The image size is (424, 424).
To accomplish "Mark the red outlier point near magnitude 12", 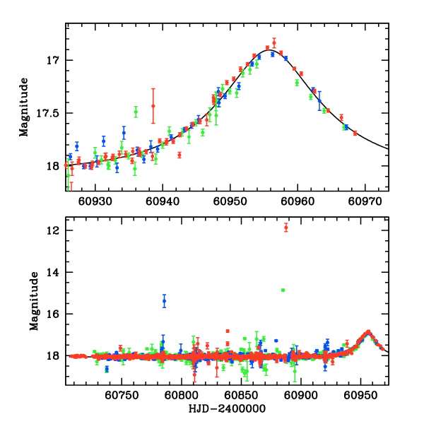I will (x=285, y=227).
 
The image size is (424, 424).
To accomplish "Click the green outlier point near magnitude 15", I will (x=283, y=290).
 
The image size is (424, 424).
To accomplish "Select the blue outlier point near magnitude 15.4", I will (x=164, y=301).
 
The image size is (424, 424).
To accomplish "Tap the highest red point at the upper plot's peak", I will (x=274, y=42).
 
